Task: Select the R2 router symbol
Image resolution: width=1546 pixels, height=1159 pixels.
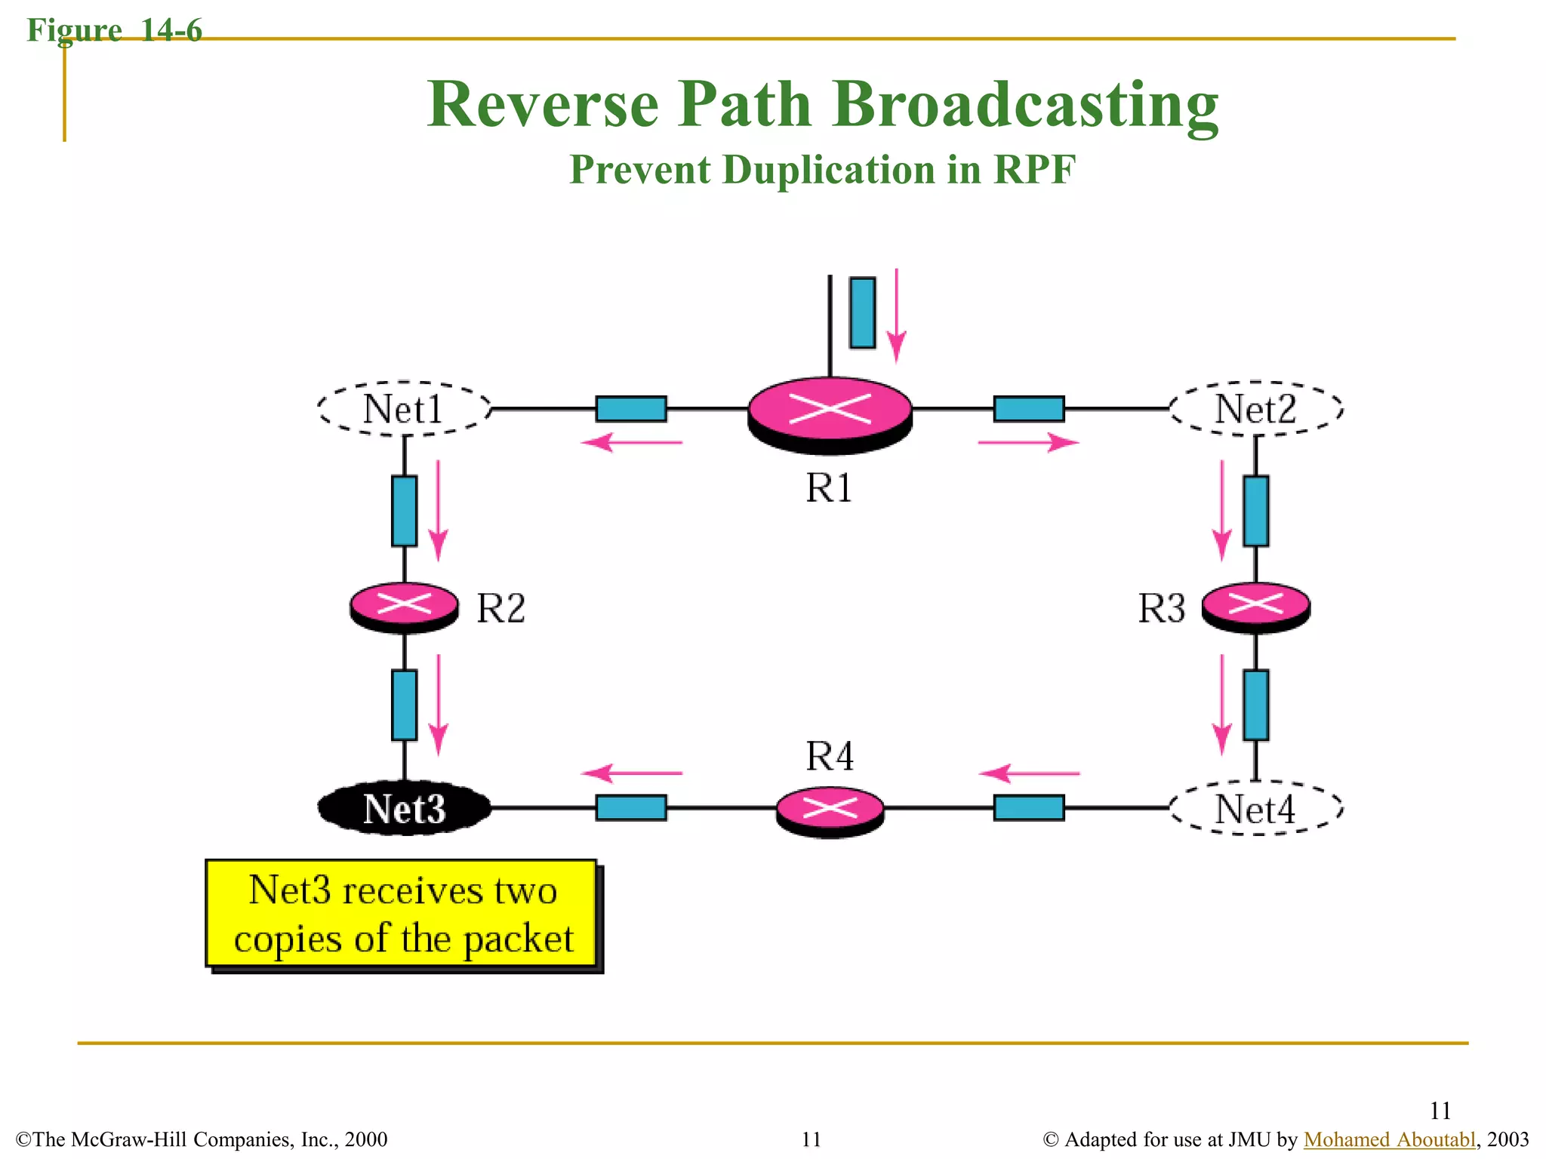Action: tap(404, 606)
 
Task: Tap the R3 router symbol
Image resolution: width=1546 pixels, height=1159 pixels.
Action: tap(1255, 606)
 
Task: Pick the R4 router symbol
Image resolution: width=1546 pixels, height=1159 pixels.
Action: tap(830, 810)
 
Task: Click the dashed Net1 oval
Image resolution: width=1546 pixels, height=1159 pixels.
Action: tap(404, 409)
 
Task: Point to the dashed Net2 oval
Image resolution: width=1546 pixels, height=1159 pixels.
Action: tap(1255, 409)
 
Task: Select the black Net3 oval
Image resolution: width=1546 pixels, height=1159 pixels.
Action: tap(404, 808)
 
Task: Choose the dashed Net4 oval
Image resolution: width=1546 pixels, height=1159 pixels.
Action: tap(1255, 808)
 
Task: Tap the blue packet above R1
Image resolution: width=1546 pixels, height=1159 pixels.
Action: tap(862, 312)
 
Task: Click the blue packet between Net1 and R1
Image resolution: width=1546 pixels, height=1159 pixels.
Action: tap(631, 409)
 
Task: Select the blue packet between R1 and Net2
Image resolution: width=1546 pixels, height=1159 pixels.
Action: tap(1029, 409)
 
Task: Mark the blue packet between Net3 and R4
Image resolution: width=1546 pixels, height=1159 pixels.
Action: tap(631, 807)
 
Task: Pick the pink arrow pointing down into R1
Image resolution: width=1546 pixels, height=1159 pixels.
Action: tap(896, 317)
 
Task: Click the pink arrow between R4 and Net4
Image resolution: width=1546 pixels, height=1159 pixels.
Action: tap(1029, 773)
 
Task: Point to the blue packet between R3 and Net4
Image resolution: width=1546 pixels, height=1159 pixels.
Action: tap(1255, 705)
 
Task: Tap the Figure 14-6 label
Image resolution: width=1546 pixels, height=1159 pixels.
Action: tap(114, 30)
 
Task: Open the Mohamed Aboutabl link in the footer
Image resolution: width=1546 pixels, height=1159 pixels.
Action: tap(1389, 1139)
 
